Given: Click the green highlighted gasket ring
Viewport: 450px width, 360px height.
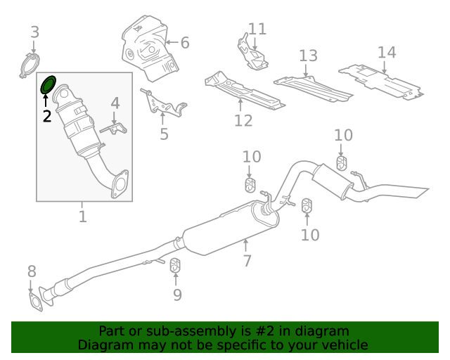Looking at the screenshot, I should [49, 85].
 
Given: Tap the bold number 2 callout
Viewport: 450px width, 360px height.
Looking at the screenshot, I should [47, 116].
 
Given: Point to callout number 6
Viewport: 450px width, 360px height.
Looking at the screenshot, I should [184, 43].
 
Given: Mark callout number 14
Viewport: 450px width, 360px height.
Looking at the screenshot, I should [387, 52].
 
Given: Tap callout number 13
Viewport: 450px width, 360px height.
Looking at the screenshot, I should [308, 56].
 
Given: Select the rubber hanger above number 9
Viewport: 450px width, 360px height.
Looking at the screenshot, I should [176, 266].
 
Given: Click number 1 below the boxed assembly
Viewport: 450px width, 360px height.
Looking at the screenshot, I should [82, 217].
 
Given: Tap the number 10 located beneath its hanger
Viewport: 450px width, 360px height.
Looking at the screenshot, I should [310, 234].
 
